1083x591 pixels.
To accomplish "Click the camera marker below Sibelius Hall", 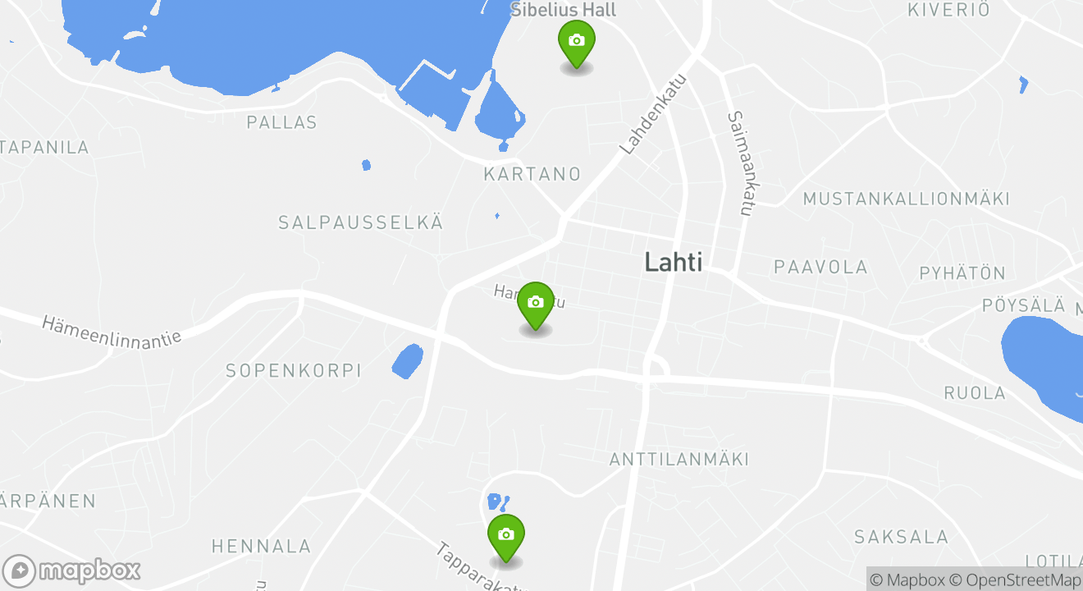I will point(576,42).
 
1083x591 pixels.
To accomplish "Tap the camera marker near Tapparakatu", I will point(505,535).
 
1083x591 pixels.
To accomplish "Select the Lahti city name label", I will point(673,262).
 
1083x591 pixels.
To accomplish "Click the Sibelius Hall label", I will point(563,10).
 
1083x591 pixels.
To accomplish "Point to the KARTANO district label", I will point(532,174).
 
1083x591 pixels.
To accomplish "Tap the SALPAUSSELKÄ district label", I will point(360,222).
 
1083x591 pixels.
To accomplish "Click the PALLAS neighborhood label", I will point(281,122).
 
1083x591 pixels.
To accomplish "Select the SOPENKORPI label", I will point(293,371).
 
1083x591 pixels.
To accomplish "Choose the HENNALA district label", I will point(261,546).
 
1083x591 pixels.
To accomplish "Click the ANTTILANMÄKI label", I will point(679,459).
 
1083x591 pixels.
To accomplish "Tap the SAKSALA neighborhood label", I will point(901,537).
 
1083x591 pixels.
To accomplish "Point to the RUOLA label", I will point(975,392).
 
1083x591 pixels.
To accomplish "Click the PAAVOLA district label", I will point(820,267).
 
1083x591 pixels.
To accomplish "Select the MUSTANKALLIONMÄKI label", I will point(906,199).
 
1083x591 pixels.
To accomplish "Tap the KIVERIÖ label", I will point(948,10).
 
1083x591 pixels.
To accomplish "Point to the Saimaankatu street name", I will point(740,164).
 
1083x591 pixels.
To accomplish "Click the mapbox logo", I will point(72,570).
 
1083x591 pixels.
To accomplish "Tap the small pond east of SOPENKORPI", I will point(407,361).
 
